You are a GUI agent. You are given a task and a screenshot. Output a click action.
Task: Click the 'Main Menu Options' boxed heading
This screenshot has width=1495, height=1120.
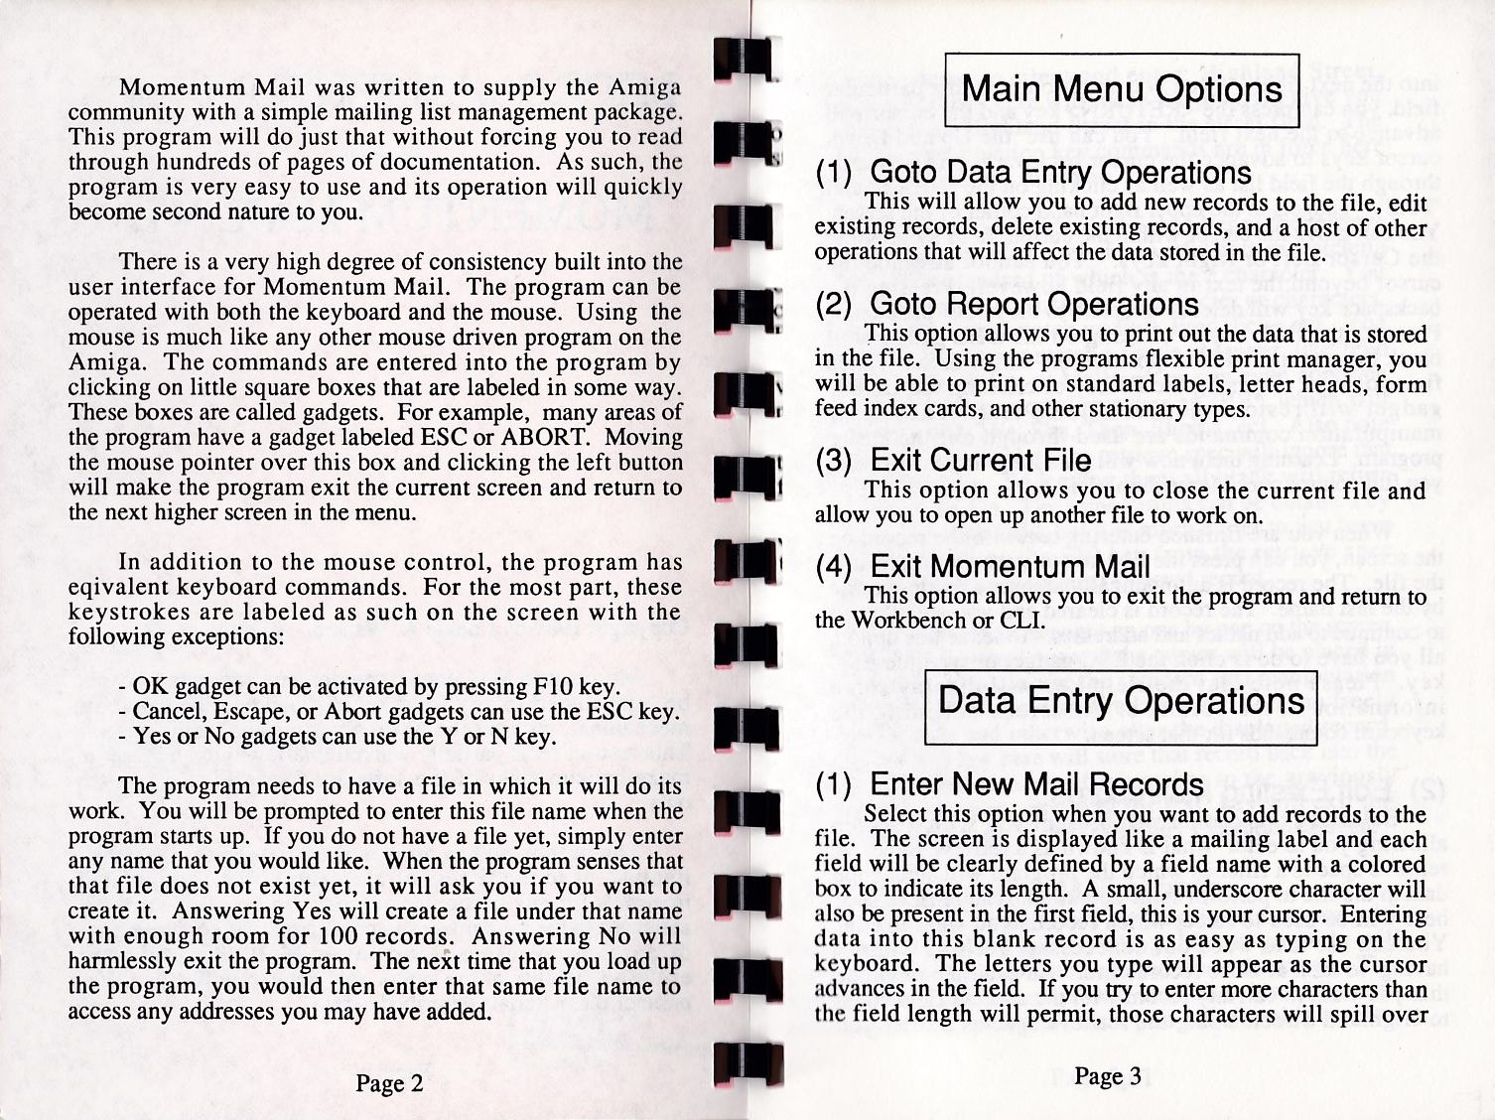click(1122, 90)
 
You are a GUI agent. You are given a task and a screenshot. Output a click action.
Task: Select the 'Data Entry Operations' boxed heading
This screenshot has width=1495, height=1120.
click(1121, 701)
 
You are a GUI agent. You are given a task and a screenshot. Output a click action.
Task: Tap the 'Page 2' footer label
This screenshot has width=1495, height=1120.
click(390, 1083)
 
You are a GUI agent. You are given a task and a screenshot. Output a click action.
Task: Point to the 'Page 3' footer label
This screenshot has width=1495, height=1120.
click(1107, 1076)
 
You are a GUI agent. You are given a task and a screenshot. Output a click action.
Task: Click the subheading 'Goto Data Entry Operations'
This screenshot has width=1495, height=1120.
click(1059, 173)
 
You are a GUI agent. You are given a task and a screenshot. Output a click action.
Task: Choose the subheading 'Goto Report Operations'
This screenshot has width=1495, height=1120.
click(1033, 304)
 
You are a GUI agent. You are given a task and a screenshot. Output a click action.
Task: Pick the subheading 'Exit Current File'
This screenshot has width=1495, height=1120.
click(980, 460)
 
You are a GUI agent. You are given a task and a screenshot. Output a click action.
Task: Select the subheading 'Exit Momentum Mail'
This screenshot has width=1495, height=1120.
click(1010, 566)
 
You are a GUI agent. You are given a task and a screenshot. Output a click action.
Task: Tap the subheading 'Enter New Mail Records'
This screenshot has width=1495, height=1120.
click(1035, 783)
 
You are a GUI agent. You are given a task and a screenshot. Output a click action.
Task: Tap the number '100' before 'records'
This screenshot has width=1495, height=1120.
click(344, 936)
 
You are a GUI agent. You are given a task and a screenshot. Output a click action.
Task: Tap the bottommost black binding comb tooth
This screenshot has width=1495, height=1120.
click(747, 1065)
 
